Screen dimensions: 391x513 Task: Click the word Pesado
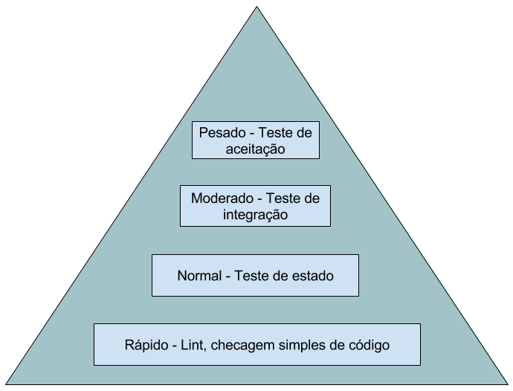[x=222, y=133]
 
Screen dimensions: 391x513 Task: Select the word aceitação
[x=255, y=149]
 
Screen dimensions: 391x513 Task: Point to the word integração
[x=255, y=215]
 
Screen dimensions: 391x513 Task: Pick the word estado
[x=312, y=276]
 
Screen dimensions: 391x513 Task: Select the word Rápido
[x=148, y=346]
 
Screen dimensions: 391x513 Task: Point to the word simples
[x=300, y=346]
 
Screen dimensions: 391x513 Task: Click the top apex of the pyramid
[x=257, y=8]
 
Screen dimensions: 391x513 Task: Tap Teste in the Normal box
[x=253, y=276]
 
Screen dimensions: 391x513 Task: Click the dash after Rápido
[x=175, y=346]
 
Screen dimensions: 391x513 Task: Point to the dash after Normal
[x=228, y=277]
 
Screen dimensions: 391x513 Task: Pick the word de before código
[x=335, y=346]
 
